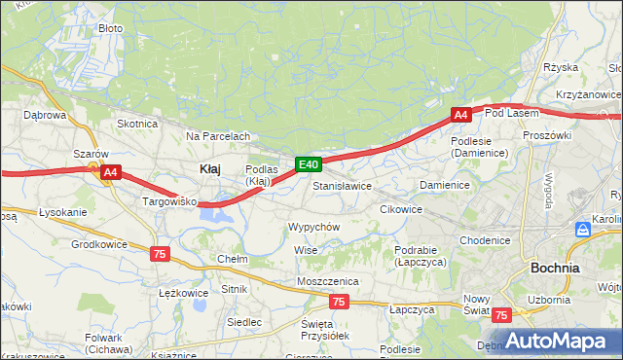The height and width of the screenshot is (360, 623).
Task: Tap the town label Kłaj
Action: click(x=209, y=168)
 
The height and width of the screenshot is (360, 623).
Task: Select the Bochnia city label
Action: click(x=555, y=267)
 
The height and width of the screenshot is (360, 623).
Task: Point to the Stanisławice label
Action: click(x=342, y=185)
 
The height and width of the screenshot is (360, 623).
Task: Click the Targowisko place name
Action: click(x=170, y=201)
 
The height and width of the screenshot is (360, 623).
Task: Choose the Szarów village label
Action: click(x=91, y=154)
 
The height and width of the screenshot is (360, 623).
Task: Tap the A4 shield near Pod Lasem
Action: click(x=461, y=115)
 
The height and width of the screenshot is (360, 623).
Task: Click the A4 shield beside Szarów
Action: click(x=111, y=172)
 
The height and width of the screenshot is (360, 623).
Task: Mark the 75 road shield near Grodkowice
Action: click(x=161, y=253)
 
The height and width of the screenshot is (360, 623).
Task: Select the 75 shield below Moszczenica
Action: click(x=338, y=302)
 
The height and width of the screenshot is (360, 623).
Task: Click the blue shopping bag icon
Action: click(x=583, y=230)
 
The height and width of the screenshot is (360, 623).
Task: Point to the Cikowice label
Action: click(x=400, y=209)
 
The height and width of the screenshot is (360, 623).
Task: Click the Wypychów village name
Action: click(x=312, y=227)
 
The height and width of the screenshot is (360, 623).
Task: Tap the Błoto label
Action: click(x=110, y=28)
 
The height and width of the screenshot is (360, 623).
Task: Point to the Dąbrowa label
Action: click(x=44, y=115)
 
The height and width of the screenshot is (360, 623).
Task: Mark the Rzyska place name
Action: click(x=562, y=67)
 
